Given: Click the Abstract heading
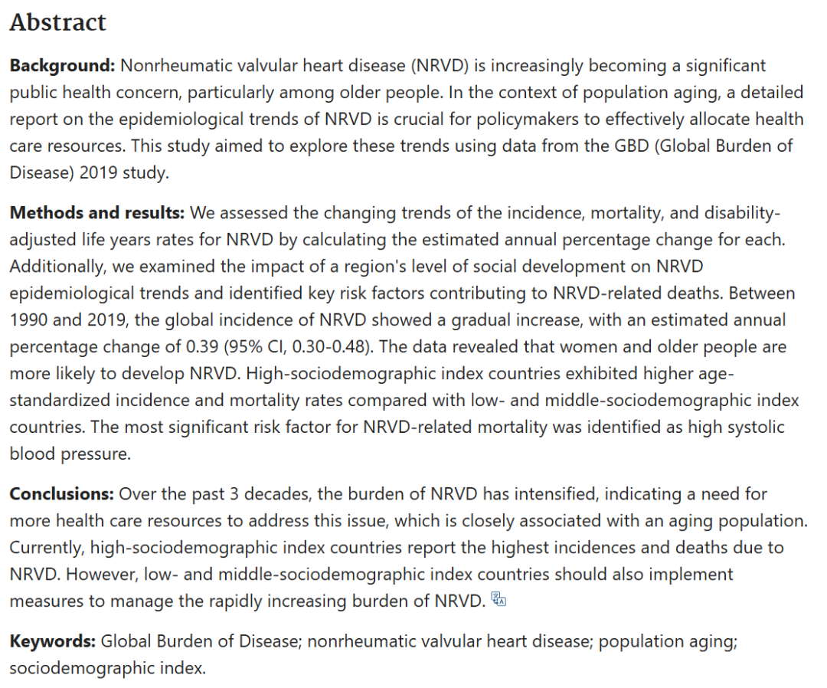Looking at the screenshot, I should coord(57,22).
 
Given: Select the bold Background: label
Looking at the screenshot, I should coord(62,66).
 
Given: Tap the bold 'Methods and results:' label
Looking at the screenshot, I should coord(97,212).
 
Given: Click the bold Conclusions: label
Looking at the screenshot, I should coord(61,494).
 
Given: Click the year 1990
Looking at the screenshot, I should coord(28,319).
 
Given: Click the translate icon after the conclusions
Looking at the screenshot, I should coord(498,600).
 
